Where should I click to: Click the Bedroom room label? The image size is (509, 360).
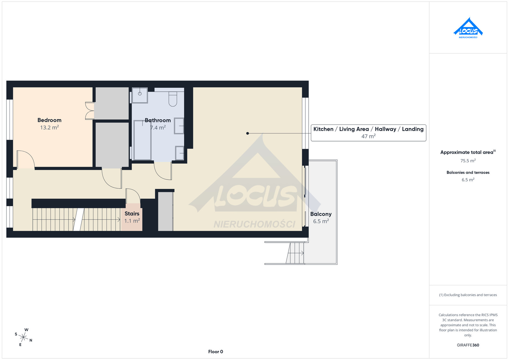tap(49, 120)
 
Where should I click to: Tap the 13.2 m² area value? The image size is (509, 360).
tap(49, 128)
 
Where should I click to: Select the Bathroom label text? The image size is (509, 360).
tap(158, 121)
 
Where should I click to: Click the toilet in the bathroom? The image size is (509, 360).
tap(173, 99)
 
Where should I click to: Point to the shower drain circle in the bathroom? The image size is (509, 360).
tap(140, 93)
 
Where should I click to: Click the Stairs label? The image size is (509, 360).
tap(132, 213)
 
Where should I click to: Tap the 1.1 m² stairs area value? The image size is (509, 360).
tap(132, 220)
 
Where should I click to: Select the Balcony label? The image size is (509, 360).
tap(321, 214)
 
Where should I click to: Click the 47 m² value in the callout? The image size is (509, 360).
tap(368, 136)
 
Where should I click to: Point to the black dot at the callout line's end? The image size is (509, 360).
tap(248, 133)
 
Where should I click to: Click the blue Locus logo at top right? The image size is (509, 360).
tap(468, 28)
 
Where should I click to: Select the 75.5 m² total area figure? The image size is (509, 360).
tap(468, 161)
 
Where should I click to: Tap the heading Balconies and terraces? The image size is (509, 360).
tap(468, 172)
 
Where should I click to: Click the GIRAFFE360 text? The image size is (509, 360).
tap(468, 345)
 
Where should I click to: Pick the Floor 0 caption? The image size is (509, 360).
tap(215, 352)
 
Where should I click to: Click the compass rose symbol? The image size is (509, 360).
tap(23, 337)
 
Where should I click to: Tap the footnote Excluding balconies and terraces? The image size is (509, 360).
tap(468, 295)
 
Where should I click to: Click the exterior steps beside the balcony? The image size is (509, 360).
tap(295, 253)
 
